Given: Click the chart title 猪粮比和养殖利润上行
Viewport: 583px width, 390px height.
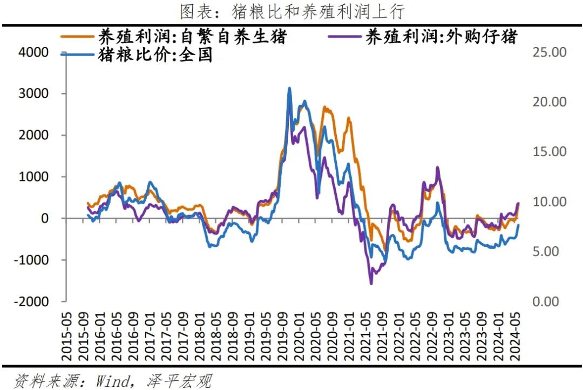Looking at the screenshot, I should point(291,11).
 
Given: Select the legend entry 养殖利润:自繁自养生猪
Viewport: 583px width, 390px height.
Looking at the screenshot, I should point(192,37).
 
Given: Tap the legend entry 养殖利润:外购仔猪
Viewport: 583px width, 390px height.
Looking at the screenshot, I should point(442,37).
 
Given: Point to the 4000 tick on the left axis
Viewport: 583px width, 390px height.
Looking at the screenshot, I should point(33,52).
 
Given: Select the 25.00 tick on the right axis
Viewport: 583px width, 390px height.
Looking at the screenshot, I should point(549,52).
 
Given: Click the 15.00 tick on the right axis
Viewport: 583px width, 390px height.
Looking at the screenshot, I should point(549,152).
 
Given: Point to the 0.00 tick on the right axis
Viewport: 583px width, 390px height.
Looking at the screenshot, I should point(546,301).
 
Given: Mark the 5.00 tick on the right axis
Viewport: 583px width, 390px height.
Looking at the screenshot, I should point(546,252).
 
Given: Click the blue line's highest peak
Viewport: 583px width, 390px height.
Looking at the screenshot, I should point(289,88).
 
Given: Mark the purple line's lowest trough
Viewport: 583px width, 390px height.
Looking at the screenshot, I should point(371,284).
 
